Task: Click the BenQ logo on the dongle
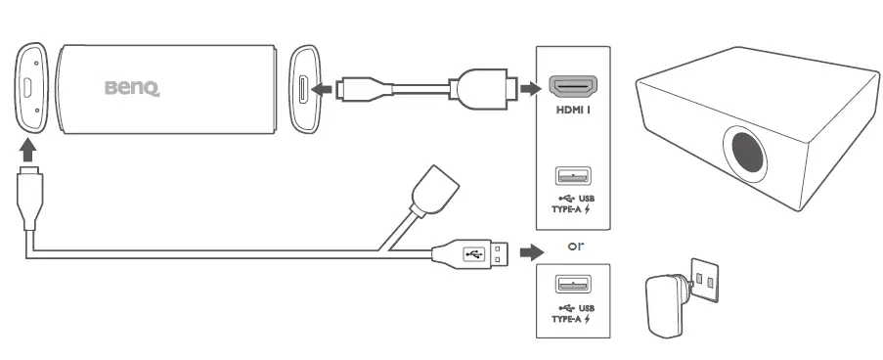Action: click(131, 89)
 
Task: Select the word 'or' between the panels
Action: click(577, 246)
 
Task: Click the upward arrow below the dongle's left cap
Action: click(30, 150)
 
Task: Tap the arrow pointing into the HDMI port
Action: click(530, 89)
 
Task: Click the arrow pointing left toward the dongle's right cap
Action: click(318, 90)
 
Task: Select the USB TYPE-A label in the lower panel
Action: click(573, 313)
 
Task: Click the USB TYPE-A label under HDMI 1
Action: click(573, 202)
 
